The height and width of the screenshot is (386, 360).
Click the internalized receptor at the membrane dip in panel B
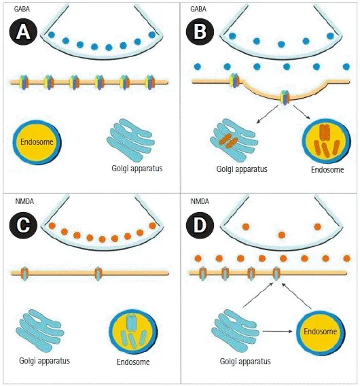tap(285, 97)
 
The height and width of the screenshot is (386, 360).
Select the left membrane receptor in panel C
tap(25, 273)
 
